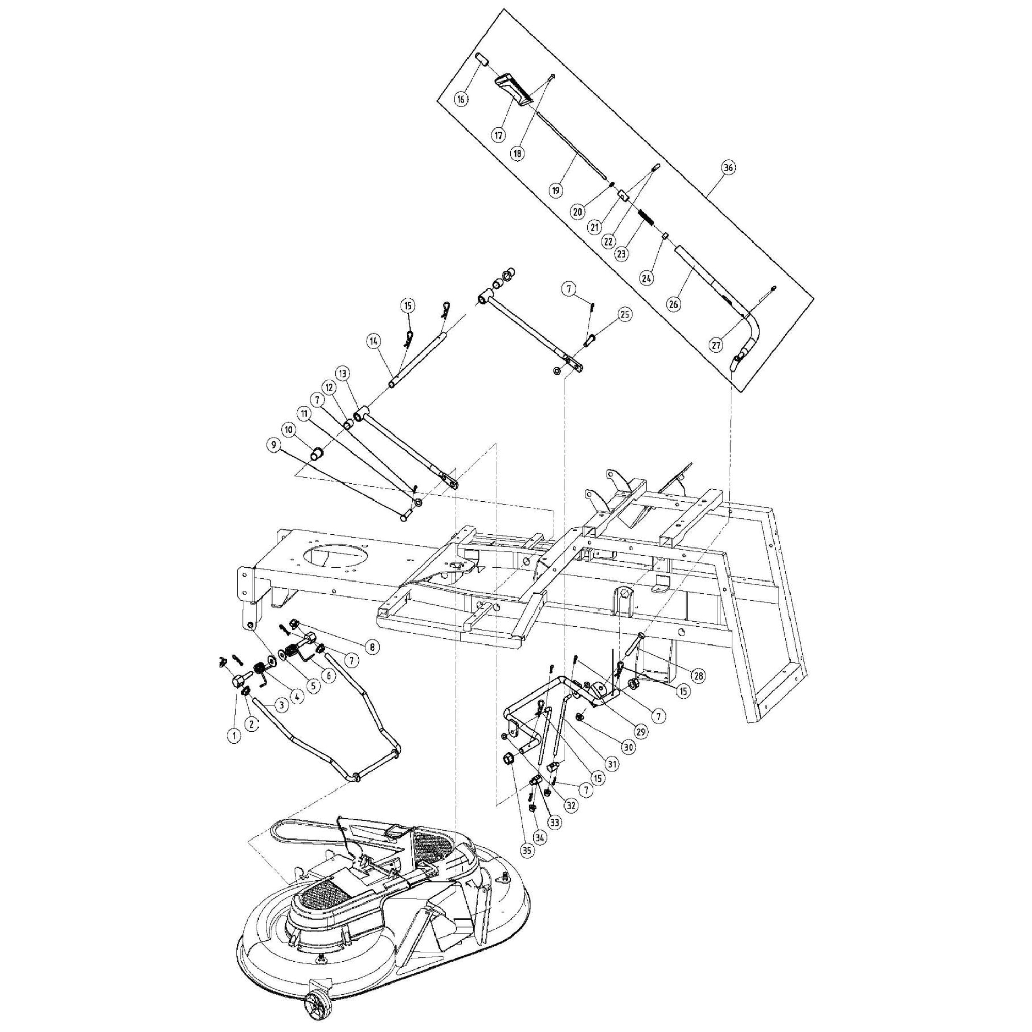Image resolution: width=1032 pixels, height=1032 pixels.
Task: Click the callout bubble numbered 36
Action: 728,167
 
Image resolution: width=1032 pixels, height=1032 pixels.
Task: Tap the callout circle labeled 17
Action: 499,135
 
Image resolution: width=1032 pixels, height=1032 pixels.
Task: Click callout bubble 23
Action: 620,254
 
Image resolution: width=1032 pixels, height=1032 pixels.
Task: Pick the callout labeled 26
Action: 673,304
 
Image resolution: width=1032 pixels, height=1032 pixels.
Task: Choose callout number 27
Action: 716,345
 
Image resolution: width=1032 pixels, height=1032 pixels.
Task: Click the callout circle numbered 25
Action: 624,315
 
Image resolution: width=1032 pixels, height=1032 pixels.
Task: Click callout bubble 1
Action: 233,735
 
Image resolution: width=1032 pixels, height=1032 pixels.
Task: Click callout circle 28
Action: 698,676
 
